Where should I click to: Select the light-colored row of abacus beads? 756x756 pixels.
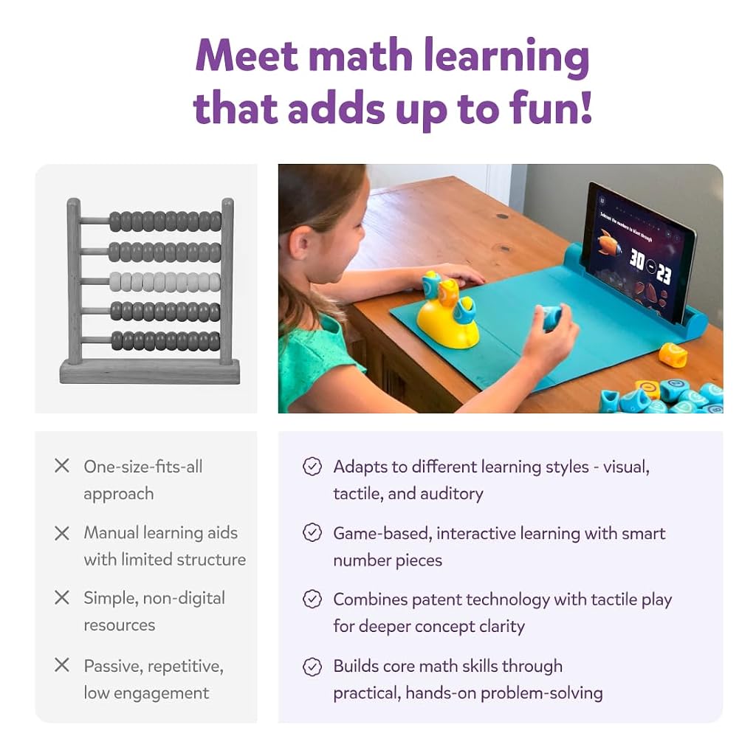(x=165, y=282)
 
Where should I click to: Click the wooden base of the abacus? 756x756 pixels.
(x=149, y=371)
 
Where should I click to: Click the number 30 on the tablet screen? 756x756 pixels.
(x=636, y=260)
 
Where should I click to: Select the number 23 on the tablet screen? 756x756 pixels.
(x=664, y=274)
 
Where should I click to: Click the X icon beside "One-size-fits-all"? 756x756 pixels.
(x=62, y=466)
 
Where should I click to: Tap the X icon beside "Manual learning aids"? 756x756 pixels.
(x=62, y=533)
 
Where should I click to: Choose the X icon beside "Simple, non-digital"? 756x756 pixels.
(x=62, y=597)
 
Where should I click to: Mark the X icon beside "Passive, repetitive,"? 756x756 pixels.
(x=62, y=665)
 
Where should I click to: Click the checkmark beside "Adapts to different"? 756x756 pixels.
(x=312, y=467)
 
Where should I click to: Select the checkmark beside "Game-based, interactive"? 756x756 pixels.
(x=312, y=533)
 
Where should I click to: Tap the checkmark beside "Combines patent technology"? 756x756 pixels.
(x=312, y=599)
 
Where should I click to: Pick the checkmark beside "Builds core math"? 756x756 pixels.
(x=312, y=667)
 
